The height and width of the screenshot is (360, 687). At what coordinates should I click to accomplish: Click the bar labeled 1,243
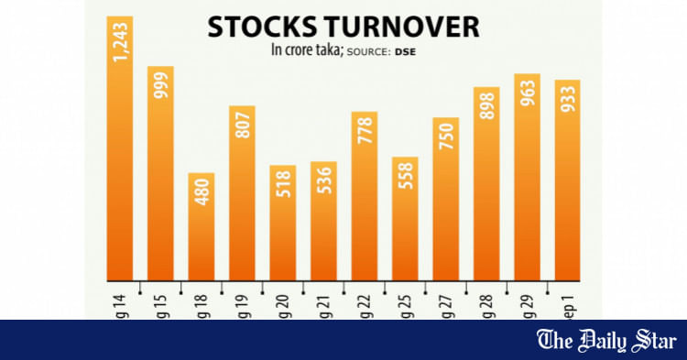[120, 147]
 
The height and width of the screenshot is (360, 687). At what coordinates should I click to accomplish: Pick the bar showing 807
[242, 191]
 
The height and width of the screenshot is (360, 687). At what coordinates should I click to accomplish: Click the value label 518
[283, 189]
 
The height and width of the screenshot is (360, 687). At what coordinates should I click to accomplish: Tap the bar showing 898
[486, 182]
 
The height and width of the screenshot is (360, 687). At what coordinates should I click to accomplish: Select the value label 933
[568, 104]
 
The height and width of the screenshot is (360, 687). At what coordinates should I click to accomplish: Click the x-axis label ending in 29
[526, 302]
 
